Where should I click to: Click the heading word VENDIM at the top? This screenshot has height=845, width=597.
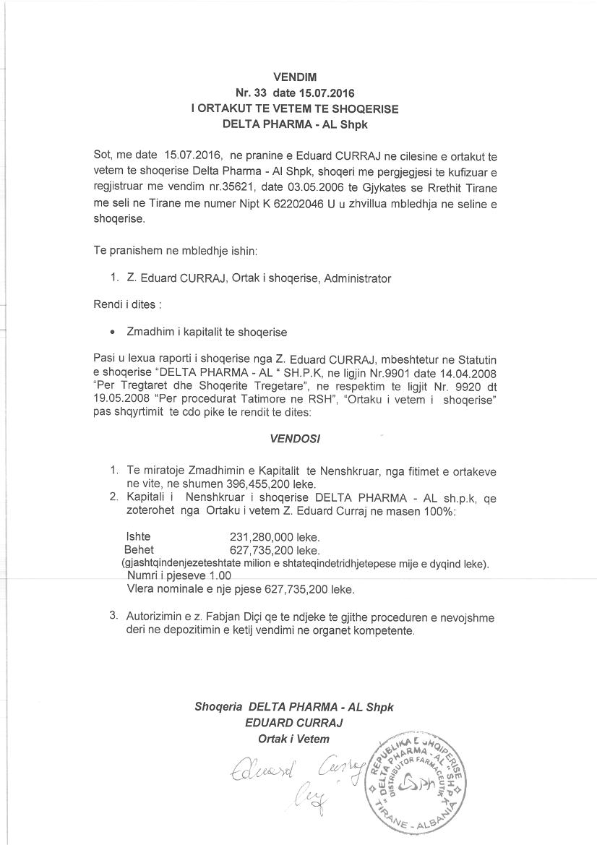tap(295, 77)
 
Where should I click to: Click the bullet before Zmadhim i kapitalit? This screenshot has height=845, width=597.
tap(112, 333)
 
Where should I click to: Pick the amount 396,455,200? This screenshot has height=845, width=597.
tap(251, 484)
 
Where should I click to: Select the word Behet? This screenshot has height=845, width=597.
tap(139, 550)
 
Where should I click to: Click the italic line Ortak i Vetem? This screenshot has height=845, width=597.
tap(293, 739)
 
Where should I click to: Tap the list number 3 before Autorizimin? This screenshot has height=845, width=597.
tap(113, 617)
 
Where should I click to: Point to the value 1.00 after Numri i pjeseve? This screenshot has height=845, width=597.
tap(220, 576)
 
